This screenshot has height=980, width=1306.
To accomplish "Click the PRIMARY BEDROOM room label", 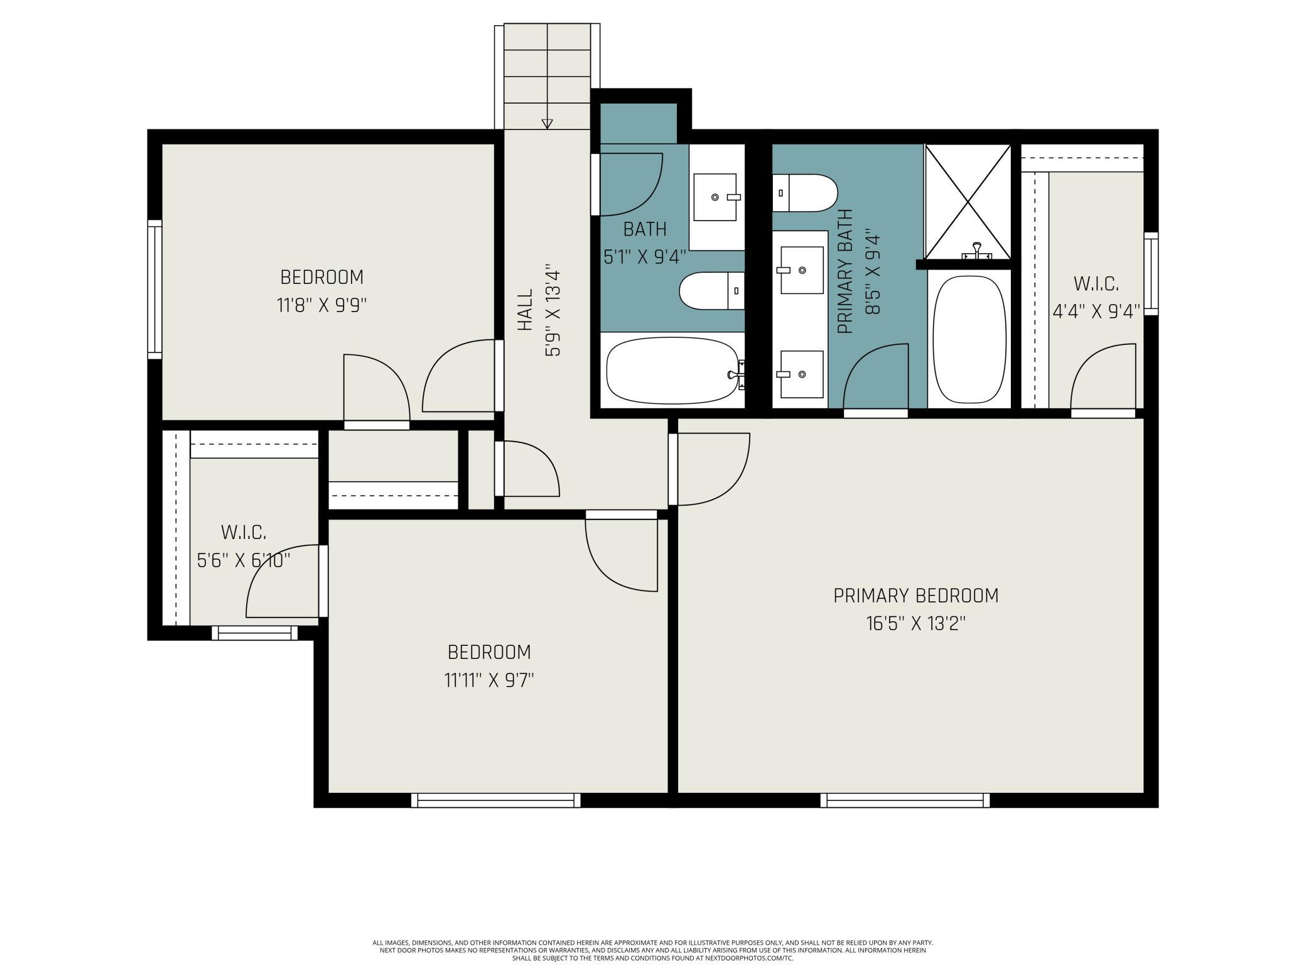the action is tap(915, 596).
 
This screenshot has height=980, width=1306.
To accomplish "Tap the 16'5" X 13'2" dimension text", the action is tap(915, 624).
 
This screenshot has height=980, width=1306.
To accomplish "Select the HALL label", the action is tap(525, 310).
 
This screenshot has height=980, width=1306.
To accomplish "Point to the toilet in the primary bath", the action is tap(805, 193).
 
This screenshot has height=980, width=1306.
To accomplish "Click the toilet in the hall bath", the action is tap(712, 291).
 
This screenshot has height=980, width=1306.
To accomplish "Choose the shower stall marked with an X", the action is tap(968, 201).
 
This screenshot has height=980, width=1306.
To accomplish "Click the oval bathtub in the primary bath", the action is tap(969, 340).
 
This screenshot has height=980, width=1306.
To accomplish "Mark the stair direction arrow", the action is tap(547, 124).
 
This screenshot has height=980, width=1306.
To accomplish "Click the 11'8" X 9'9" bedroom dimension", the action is tap(321, 305).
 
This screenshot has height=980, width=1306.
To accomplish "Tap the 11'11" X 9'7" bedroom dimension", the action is tap(489, 680).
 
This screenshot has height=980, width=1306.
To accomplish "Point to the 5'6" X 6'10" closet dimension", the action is tap(244, 560).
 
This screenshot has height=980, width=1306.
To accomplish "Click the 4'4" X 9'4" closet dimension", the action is tap(1096, 312).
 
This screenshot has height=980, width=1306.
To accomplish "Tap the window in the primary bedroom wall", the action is tap(905, 800).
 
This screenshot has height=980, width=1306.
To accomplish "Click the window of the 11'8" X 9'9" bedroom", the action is tap(154, 290).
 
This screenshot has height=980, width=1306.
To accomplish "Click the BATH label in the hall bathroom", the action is tap(645, 229).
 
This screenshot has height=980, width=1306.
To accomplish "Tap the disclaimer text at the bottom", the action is tap(653, 950).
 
